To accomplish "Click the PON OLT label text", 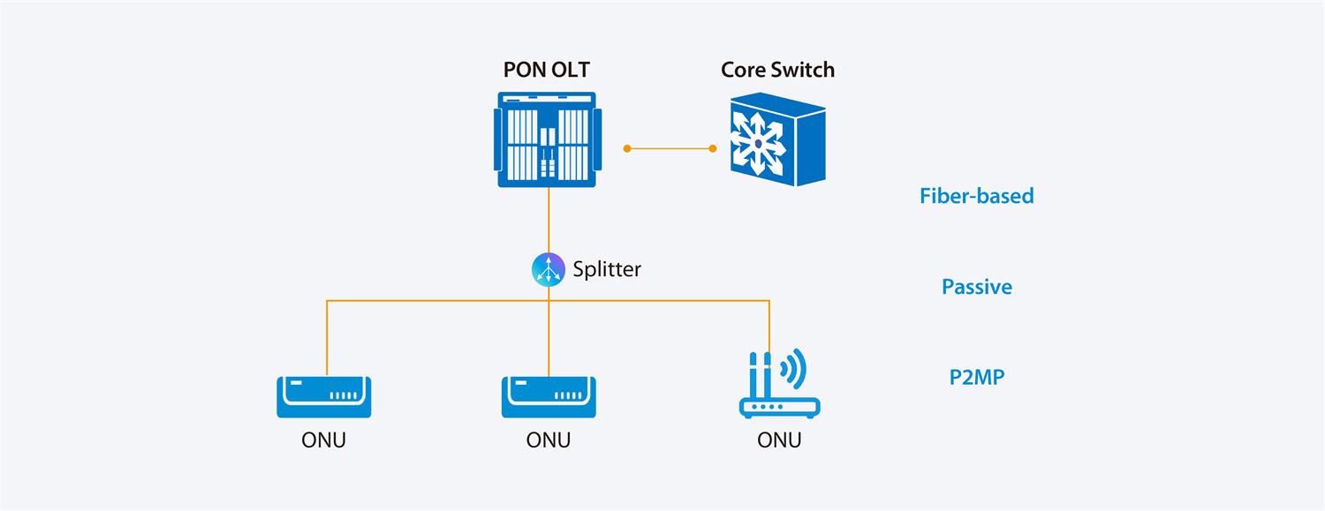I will click(x=548, y=70).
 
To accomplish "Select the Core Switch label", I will click(x=777, y=70).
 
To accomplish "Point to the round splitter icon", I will click(x=548, y=269).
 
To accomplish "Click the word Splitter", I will click(x=607, y=269).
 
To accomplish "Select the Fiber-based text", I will click(x=976, y=196).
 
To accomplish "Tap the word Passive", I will click(x=976, y=287).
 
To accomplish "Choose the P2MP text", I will click(x=976, y=378).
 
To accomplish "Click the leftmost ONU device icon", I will click(x=323, y=397).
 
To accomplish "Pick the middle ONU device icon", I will click(x=548, y=397).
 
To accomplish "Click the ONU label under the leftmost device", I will click(x=323, y=440).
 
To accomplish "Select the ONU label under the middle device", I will click(x=548, y=440).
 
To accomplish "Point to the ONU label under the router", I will click(x=779, y=440).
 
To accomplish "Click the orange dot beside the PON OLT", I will click(x=626, y=148).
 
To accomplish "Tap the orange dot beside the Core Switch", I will click(x=714, y=148).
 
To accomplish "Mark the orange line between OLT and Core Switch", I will click(x=670, y=148).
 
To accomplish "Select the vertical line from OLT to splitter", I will click(x=549, y=221).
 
